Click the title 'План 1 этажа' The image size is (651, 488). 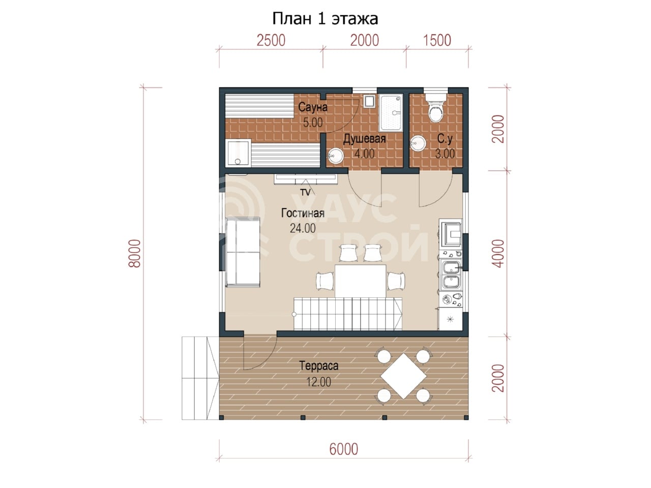click(325, 19)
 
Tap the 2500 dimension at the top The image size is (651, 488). click(271, 40)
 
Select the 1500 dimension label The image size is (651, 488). click(437, 40)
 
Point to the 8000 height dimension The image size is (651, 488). click(134, 253)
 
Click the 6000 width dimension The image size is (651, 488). click(343, 449)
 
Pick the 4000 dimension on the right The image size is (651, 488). click(498, 253)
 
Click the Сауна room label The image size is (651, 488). click(313, 107)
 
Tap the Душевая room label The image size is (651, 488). click(364, 139)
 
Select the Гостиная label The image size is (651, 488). click(303, 213)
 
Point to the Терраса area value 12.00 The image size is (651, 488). click(318, 382)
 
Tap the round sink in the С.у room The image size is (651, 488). click(418, 143)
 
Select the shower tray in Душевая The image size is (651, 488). click(391, 112)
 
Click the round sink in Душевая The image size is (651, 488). click(336, 155)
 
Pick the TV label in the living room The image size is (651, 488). click(306, 192)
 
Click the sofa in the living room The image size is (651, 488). click(243, 252)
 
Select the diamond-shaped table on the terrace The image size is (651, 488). click(403, 376)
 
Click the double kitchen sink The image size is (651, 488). click(451, 274)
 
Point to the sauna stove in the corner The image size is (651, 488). click(238, 154)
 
